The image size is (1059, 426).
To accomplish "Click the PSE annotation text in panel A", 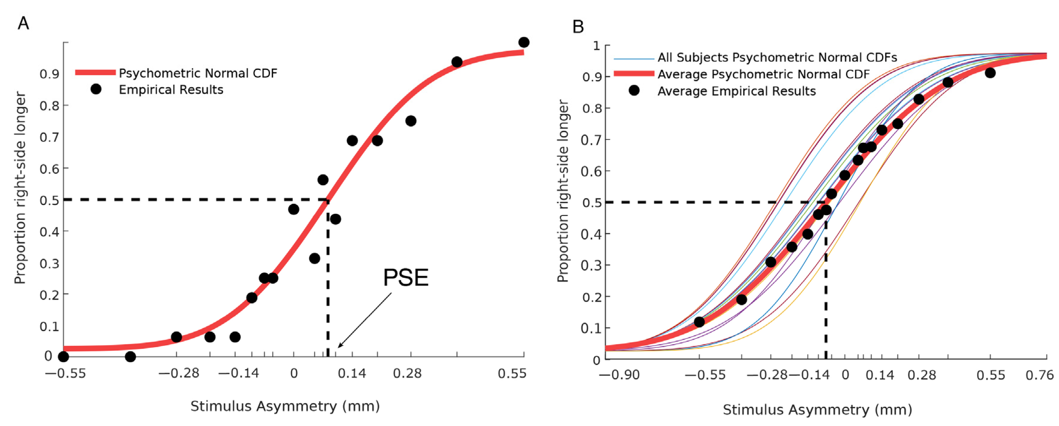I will tap(406, 278).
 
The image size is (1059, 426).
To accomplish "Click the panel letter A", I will tap(23, 23).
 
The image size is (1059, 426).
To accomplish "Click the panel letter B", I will tap(578, 27).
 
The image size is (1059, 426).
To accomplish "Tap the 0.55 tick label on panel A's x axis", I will tap(512, 373).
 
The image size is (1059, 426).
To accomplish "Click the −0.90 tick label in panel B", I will tap(620, 375).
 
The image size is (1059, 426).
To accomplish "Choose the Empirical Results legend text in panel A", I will tap(171, 90).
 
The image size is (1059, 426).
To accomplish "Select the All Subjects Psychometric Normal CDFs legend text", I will tap(777, 58).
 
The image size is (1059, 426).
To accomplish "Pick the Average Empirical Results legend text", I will tap(736, 91).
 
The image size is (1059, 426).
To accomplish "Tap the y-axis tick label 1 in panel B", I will tap(596, 46).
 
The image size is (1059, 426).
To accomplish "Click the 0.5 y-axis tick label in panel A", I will tap(49, 200).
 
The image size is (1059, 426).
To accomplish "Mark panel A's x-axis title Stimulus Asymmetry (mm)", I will tap(285, 406).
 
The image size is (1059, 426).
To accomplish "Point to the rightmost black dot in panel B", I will tap(990, 73).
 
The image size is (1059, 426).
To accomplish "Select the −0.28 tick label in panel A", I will tap(179, 373).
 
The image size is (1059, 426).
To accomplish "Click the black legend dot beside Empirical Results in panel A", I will tap(96, 89).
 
